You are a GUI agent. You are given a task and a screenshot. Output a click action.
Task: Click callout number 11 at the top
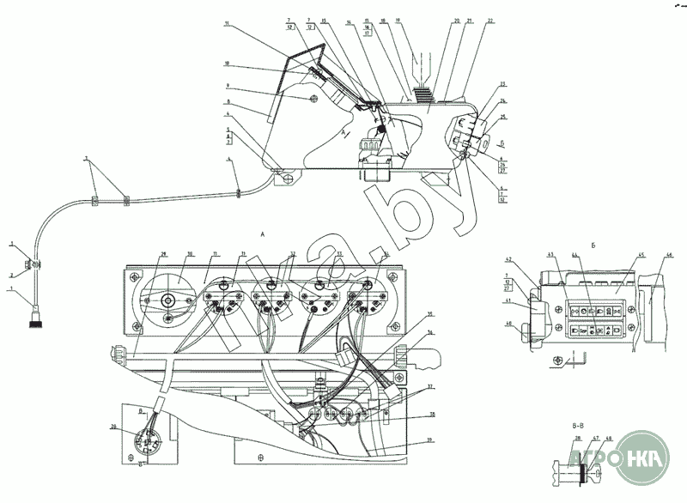tap(227, 27)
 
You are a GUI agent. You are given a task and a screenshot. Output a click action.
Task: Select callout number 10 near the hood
tap(227, 64)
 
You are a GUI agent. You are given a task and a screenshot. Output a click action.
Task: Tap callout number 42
tap(508, 259)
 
